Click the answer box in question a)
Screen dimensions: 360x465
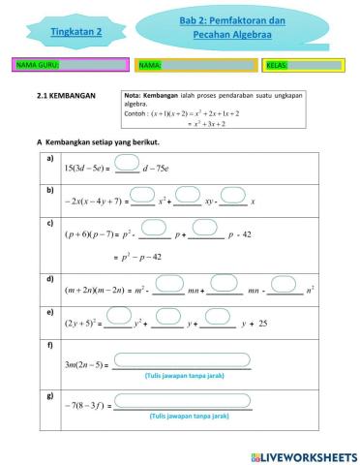pos(127,162)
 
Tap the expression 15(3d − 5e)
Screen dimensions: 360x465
pos(85,168)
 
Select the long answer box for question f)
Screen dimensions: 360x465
pos(181,360)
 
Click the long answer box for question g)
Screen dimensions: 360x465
pos(181,399)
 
